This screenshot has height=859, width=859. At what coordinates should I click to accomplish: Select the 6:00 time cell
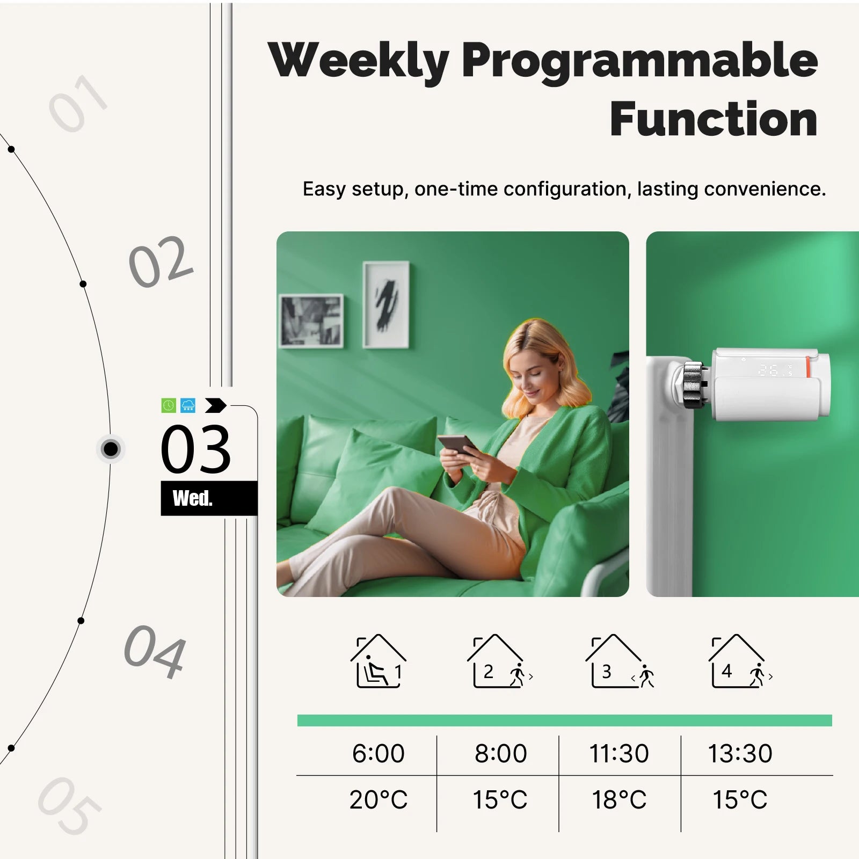coord(378,753)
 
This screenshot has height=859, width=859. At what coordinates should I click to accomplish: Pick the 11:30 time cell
coord(619,753)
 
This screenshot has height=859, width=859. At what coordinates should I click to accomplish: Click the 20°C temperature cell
coord(378,800)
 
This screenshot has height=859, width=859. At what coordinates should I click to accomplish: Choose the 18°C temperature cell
coord(619,800)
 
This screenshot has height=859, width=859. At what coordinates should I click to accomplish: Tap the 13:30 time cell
coord(740,753)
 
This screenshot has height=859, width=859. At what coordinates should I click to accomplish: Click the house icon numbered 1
coord(378,661)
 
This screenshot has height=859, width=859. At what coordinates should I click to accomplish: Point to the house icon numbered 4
coord(739,661)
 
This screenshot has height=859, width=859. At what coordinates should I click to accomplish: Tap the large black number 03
coord(196,449)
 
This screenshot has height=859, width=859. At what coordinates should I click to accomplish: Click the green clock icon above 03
coord(169,405)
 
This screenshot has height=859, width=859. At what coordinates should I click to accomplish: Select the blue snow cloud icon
coord(188,405)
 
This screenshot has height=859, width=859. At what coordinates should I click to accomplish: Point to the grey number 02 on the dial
coord(161,261)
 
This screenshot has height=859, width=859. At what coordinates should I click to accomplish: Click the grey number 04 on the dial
coord(155,651)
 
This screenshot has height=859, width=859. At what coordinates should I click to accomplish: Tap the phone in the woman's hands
coord(457,444)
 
